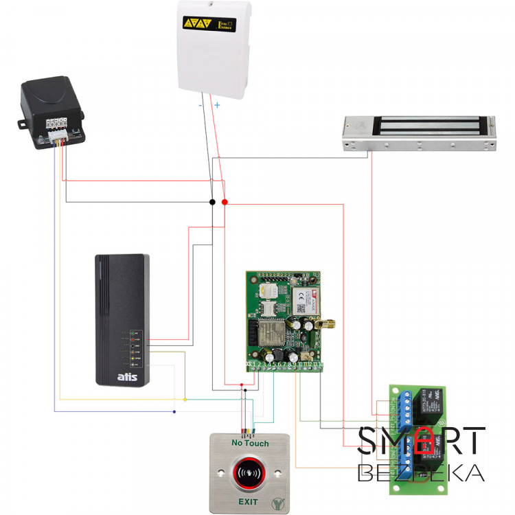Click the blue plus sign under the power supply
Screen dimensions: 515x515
pos(217,105)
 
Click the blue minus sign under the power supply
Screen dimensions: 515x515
pos(201,106)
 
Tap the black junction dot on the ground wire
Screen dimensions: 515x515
pos(212,203)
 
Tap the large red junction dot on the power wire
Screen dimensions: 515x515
pos(225,203)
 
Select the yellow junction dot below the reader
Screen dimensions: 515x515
pos(185,399)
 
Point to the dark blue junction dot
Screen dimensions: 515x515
pos(174,411)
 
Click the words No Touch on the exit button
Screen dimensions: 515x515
pos(250,444)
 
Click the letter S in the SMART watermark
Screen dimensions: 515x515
pos(367,441)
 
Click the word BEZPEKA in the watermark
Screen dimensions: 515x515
pos(420,473)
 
